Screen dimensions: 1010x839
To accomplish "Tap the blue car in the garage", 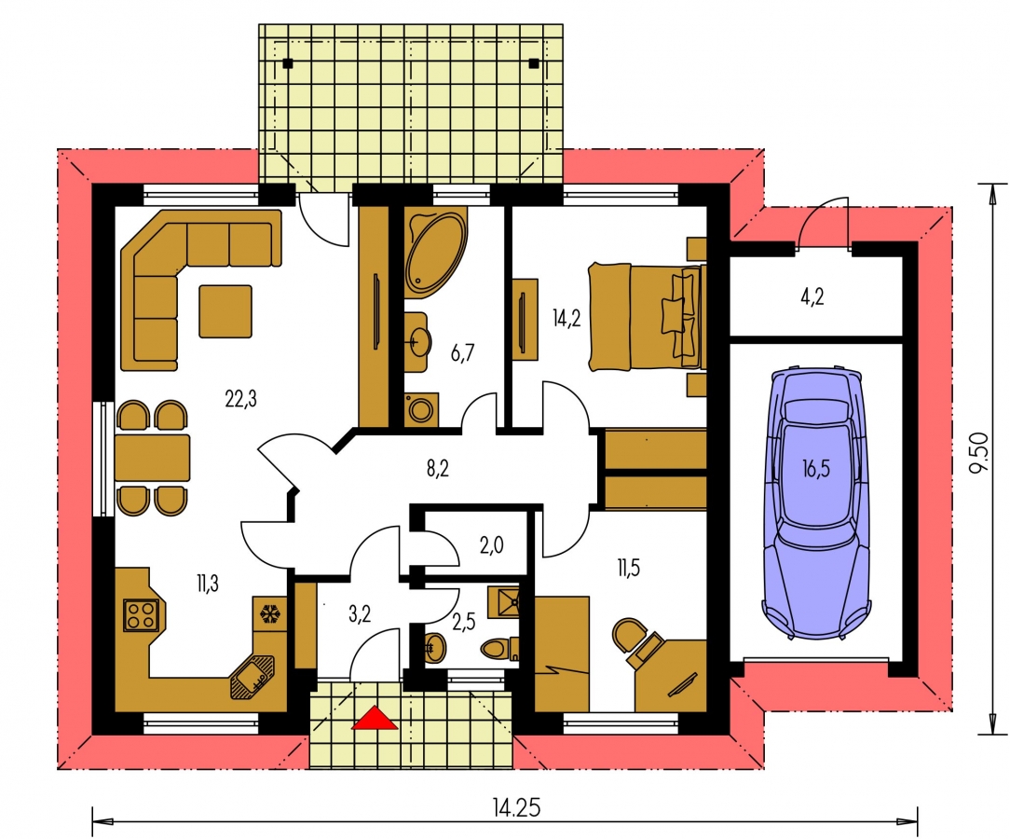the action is click(816, 502).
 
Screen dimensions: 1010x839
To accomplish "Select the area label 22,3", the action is click(241, 399).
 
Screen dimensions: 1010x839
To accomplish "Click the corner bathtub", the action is click(434, 253).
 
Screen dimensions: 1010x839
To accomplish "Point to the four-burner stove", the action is click(141, 614).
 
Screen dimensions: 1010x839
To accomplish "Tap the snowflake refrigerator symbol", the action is click(271, 613).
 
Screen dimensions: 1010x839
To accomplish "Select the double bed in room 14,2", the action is click(647, 317).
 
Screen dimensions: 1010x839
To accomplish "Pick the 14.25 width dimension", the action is click(516, 807).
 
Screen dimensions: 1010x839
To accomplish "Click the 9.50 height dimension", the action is click(978, 452).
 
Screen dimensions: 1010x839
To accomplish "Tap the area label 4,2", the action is click(812, 296).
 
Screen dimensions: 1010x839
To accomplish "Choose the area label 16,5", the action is click(816, 469).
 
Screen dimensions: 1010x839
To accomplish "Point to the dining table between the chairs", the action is click(153, 458).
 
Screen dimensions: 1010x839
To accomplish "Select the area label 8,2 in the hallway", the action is click(437, 469).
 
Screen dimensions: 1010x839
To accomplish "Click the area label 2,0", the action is click(491, 545).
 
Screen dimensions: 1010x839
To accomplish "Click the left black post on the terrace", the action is click(287, 63).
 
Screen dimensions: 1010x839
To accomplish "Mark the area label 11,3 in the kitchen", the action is click(208, 584).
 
